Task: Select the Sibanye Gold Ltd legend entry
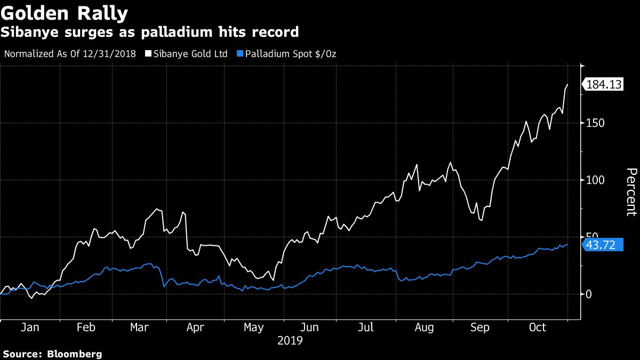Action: point(190,54)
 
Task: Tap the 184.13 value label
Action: point(605,84)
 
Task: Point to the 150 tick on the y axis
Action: point(594,123)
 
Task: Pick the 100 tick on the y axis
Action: point(594,180)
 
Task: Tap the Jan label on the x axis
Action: point(30,327)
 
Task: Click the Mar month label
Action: point(140,327)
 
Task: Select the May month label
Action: point(254,327)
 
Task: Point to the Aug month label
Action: point(425,327)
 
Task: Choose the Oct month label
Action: point(537,327)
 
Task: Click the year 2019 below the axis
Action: point(290,340)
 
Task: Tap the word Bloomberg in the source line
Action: point(75,354)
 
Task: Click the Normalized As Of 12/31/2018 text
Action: point(69,54)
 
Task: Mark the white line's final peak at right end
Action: point(567,84)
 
